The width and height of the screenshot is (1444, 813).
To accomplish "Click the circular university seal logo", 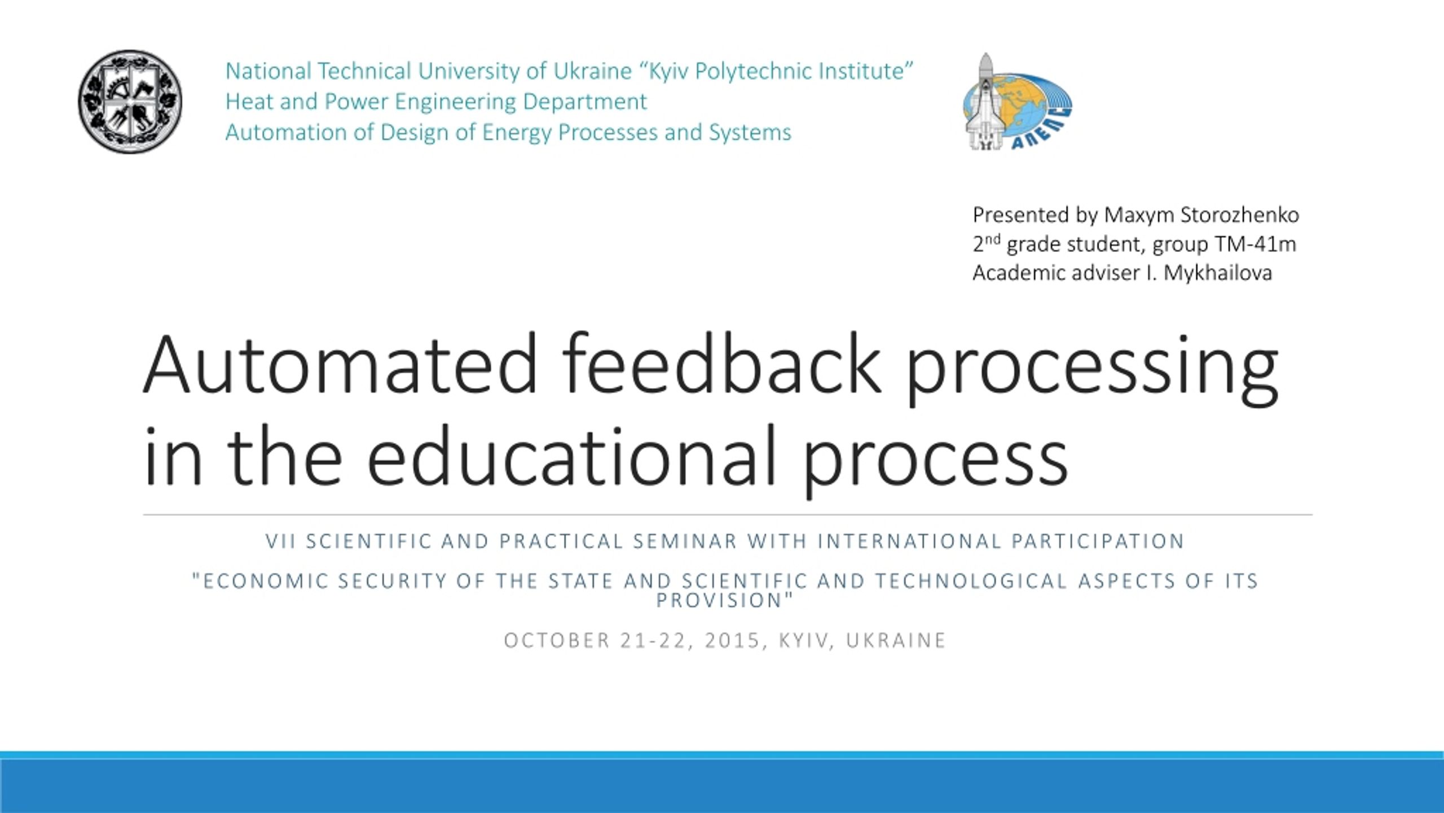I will click(130, 102).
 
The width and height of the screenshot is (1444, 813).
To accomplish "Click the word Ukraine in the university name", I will click(592, 72).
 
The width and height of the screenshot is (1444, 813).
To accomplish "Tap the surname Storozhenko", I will click(1240, 215).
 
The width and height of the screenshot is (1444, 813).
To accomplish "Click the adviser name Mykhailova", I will click(1218, 273).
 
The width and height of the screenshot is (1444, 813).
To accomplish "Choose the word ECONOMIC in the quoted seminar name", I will click(265, 581).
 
